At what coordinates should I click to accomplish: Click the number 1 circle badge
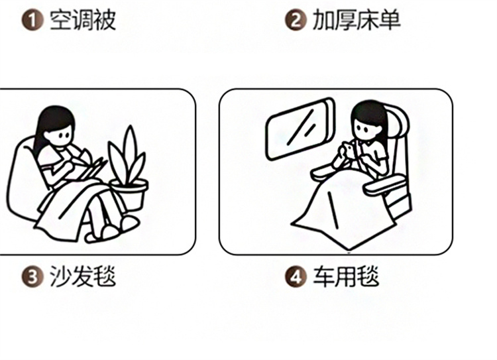pyautogui.click(x=32, y=21)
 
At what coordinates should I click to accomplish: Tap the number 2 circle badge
pyautogui.click(x=296, y=21)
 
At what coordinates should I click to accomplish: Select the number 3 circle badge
pyautogui.click(x=32, y=276)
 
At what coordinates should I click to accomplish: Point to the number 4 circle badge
pyautogui.click(x=296, y=276)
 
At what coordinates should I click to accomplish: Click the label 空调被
pyautogui.click(x=83, y=21)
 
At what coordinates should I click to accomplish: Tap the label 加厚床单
pyautogui.click(x=357, y=21)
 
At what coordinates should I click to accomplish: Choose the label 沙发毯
pyautogui.click(x=83, y=276)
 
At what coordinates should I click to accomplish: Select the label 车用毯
pyautogui.click(x=346, y=276)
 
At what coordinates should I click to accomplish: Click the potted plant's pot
pyautogui.click(x=129, y=194)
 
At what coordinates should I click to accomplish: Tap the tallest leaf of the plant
pyautogui.click(x=130, y=152)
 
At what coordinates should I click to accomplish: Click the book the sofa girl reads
pyautogui.click(x=90, y=169)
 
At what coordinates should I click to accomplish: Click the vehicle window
pyautogui.click(x=300, y=129)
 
